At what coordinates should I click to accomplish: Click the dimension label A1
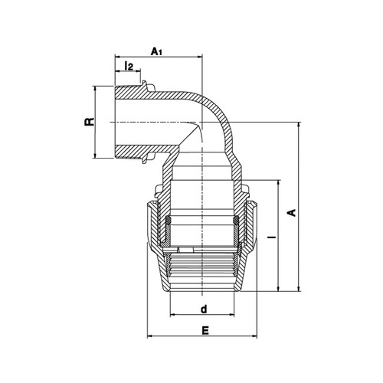(156, 51)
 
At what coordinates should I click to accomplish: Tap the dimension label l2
(129, 66)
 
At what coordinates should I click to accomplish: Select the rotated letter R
(90, 122)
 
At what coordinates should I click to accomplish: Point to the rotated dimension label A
(292, 213)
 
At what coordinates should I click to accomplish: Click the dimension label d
(204, 309)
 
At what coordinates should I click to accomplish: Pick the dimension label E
(205, 330)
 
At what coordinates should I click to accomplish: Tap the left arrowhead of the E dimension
(150, 336)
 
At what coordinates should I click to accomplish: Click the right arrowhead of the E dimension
(254, 336)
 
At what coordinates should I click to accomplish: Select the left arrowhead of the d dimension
(173, 315)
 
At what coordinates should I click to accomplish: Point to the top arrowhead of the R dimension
(95, 89)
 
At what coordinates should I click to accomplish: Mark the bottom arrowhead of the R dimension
(95, 155)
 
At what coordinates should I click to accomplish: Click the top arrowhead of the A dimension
(299, 126)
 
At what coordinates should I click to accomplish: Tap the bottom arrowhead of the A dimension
(299, 289)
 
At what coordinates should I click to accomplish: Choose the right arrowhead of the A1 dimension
(199, 57)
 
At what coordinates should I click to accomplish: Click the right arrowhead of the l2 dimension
(138, 71)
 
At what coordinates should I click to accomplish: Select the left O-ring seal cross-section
(168, 220)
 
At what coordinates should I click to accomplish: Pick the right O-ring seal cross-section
(237, 220)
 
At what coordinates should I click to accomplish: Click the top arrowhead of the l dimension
(278, 183)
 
